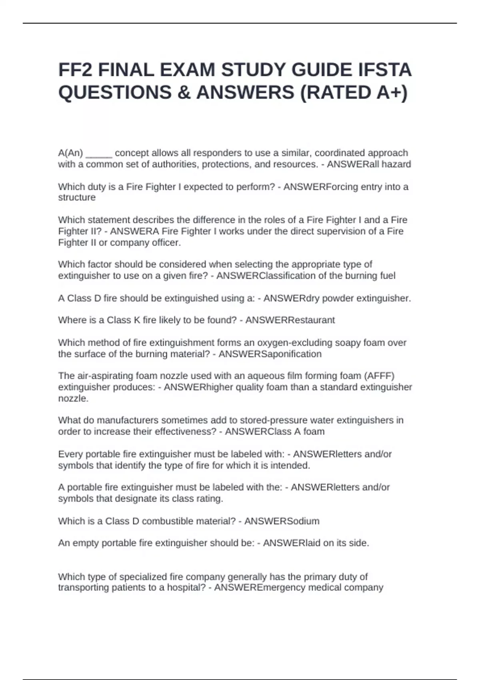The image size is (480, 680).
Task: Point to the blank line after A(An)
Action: [x=99, y=153]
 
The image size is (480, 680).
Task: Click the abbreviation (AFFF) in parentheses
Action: [x=379, y=376]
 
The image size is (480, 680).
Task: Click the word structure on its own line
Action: [x=77, y=198]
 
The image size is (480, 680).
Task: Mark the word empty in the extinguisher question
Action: [x=86, y=543]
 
